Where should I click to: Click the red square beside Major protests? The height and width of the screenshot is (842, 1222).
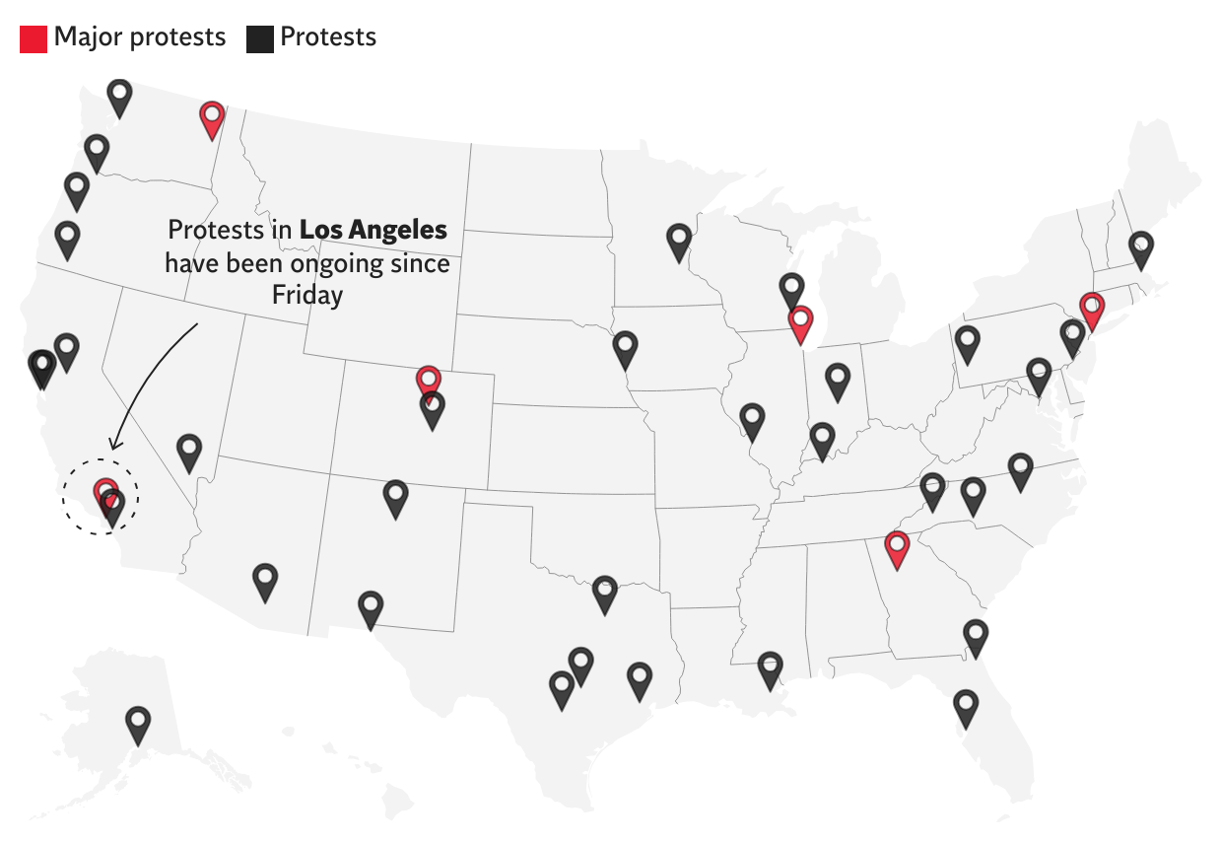tap(34, 38)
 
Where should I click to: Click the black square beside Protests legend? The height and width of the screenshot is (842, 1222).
tap(260, 38)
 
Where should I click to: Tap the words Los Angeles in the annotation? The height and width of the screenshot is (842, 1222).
tap(373, 231)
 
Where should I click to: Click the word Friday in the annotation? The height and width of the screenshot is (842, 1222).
tap(307, 296)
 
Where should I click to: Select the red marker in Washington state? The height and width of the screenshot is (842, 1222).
tap(212, 118)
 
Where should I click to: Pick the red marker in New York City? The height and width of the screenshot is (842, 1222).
tap(1090, 310)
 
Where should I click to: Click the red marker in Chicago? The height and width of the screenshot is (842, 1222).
tap(800, 323)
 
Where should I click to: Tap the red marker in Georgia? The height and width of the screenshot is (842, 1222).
tap(896, 548)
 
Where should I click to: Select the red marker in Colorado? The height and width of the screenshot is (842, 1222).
tap(428, 382)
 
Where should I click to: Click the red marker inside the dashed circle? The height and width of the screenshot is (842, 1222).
tap(104, 492)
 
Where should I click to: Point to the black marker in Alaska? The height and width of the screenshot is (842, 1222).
tap(138, 724)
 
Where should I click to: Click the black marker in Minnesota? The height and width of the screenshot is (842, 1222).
tap(678, 241)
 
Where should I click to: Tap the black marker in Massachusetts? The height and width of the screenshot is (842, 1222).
tap(1140, 248)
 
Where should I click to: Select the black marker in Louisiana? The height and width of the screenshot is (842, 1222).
tap(770, 668)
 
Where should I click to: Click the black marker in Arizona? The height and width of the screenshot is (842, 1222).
tap(265, 581)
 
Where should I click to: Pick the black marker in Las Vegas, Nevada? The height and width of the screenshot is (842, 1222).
tap(189, 451)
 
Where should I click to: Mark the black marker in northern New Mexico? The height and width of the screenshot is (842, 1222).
tap(395, 498)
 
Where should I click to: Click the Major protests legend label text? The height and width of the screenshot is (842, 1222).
tap(140, 37)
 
